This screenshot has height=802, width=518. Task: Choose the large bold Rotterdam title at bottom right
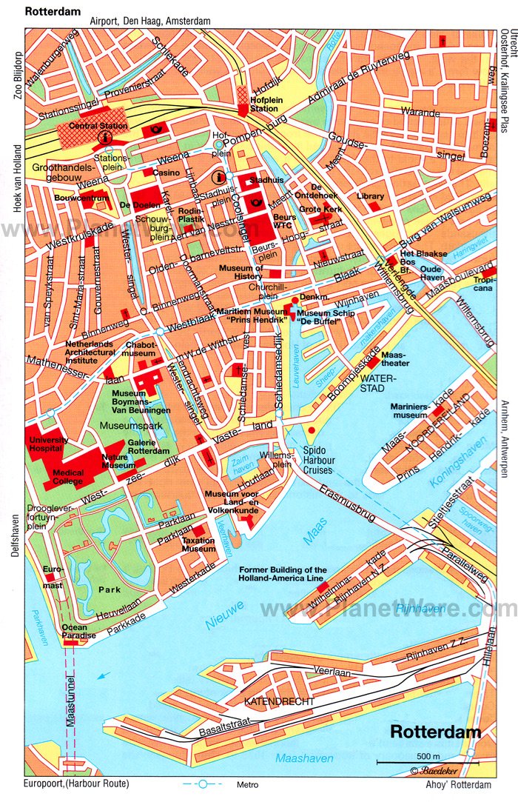click(435, 732)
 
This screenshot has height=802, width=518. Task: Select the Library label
click(370, 196)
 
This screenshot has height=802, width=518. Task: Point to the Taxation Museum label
click(198, 544)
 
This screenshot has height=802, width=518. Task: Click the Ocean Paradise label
click(75, 632)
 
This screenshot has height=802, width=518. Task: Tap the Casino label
click(166, 173)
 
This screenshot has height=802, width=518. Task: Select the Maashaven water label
click(304, 758)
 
